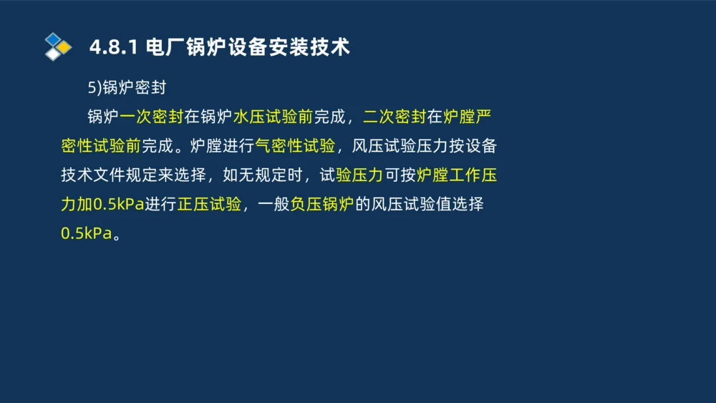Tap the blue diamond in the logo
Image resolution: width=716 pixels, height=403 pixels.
tap(53, 39)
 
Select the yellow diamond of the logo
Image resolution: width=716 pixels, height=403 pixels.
tap(64, 47)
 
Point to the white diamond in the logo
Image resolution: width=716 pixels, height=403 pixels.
tap(53, 54)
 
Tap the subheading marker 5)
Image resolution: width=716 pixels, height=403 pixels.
tap(95, 87)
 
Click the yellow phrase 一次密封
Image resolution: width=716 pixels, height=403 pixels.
tap(152, 117)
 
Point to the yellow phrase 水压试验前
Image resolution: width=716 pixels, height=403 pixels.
tap(273, 117)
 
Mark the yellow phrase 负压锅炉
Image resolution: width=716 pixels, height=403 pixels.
tap(322, 205)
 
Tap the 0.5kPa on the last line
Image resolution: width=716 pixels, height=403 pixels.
tap(87, 234)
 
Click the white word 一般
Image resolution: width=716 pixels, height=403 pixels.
tap(274, 205)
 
